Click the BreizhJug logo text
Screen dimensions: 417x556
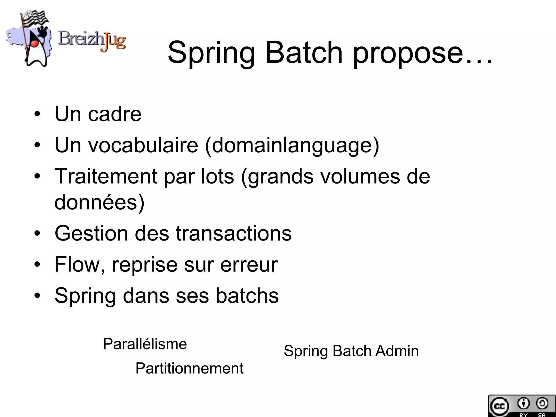[92, 41]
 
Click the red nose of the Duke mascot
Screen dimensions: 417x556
[34, 43]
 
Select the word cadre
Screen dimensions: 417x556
[114, 114]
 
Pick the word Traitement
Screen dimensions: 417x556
[106, 176]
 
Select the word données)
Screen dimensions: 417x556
[99, 202]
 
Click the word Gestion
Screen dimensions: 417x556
[91, 233]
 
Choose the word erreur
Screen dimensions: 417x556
[249, 265]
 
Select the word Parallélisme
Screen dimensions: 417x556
[145, 344]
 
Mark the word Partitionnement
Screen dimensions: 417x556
[189, 368]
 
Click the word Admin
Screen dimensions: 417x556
[397, 351]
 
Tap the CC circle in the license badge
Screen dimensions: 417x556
[499, 406]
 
